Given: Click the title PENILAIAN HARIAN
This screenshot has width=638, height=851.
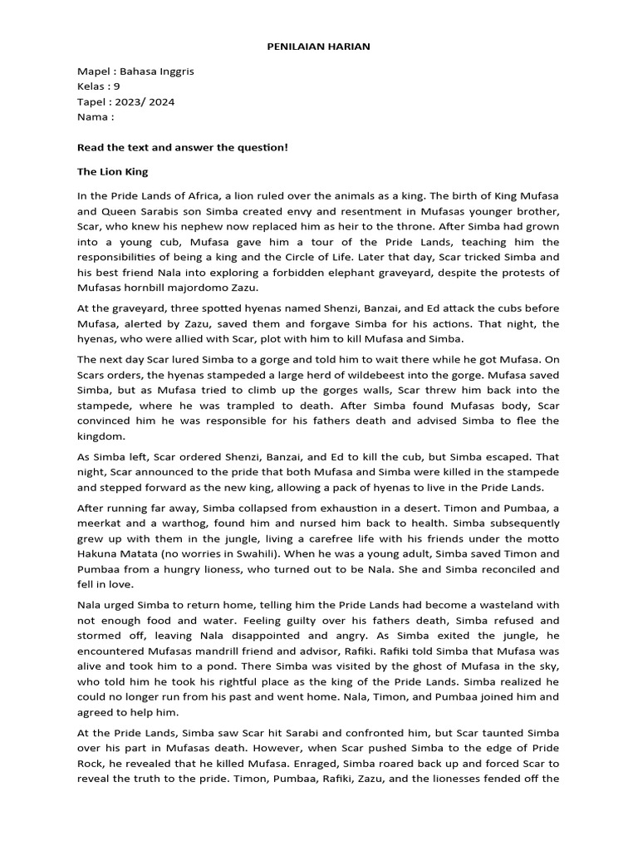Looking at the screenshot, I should pyautogui.click(x=318, y=47).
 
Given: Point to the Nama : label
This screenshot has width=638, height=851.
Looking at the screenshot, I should pyautogui.click(x=96, y=117).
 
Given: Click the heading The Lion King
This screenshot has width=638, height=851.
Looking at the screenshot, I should pyautogui.click(x=112, y=172).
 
